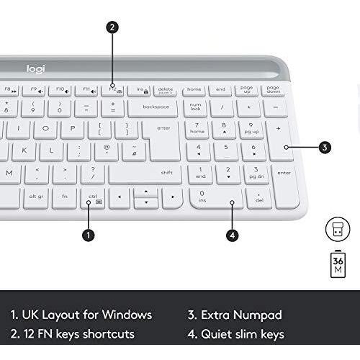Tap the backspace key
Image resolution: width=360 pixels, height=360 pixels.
(x=156, y=107)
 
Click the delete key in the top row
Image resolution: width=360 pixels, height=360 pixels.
(x=166, y=90)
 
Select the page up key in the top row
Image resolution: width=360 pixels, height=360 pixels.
(x=247, y=90)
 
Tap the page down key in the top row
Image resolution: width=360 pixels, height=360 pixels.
(x=273, y=90)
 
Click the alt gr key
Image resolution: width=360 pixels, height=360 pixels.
(x=36, y=196)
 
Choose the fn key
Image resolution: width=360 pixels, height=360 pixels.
(x=65, y=196)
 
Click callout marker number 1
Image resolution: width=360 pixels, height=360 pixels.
(x=88, y=235)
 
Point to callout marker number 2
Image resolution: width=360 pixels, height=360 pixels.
(x=112, y=27)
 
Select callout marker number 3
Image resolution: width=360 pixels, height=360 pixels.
(x=325, y=148)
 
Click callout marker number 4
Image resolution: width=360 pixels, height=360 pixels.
(x=232, y=235)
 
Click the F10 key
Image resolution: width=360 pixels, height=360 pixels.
(x=61, y=90)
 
